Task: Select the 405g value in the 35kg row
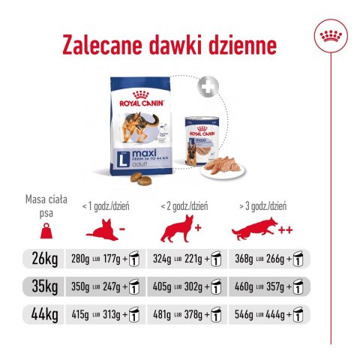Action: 165,286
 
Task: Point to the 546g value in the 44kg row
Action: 247,313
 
